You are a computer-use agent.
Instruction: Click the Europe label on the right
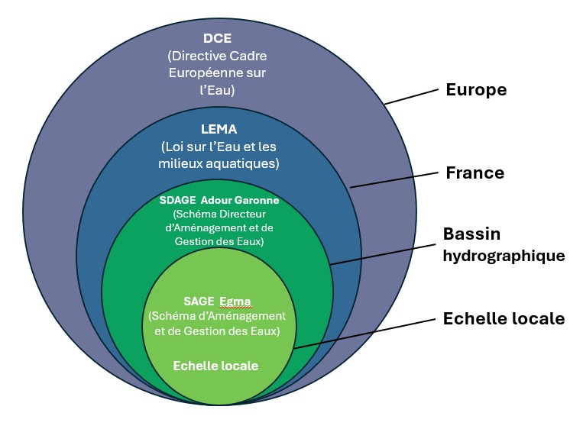click(476, 90)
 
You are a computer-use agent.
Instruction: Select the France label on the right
click(474, 173)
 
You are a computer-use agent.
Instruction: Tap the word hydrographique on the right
click(504, 256)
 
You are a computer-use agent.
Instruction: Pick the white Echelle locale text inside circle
click(215, 366)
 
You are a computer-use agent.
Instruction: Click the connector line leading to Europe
click(412, 95)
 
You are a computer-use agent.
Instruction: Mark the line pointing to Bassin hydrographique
click(382, 251)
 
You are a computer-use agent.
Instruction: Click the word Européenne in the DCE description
click(202, 73)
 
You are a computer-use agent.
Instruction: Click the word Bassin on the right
click(471, 234)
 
